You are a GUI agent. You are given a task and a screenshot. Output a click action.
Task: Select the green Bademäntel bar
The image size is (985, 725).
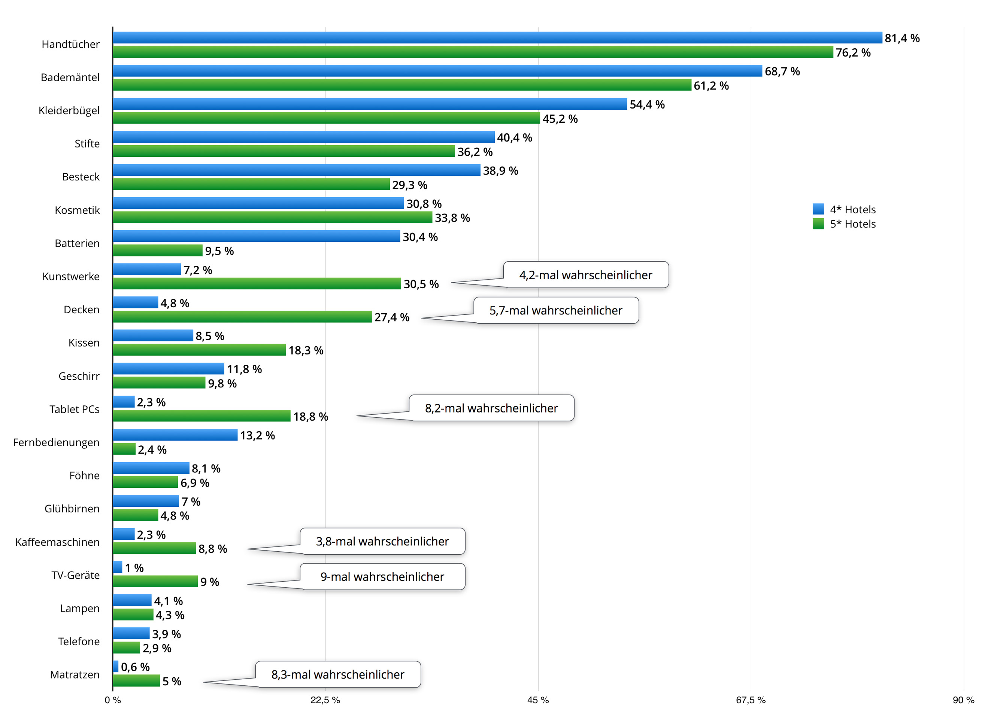click(x=402, y=85)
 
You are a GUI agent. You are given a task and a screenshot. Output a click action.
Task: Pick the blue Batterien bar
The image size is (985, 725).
click(x=257, y=237)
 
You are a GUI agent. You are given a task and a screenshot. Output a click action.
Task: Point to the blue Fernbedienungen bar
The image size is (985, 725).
click(x=175, y=435)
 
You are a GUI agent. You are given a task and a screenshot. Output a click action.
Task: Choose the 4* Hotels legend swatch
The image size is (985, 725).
click(x=818, y=209)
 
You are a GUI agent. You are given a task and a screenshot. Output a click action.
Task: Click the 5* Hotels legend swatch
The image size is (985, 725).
click(x=818, y=224)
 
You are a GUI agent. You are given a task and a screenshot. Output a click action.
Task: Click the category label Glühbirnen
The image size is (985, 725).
click(x=72, y=509)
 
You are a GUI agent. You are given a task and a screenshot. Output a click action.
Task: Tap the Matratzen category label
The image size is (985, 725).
click(x=75, y=674)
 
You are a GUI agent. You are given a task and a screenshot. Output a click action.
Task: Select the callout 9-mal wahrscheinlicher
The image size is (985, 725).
click(x=382, y=577)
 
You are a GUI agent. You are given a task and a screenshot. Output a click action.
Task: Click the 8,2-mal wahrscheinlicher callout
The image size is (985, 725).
click(x=491, y=408)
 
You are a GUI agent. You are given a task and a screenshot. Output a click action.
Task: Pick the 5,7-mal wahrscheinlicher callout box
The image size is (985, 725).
click(x=555, y=311)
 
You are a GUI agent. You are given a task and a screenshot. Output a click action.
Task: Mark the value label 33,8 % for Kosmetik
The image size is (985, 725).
click(x=452, y=218)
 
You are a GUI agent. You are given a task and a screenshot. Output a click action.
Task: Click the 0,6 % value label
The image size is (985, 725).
click(x=135, y=667)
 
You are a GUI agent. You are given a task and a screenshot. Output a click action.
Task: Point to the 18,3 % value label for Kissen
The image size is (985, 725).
click(x=306, y=351)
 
